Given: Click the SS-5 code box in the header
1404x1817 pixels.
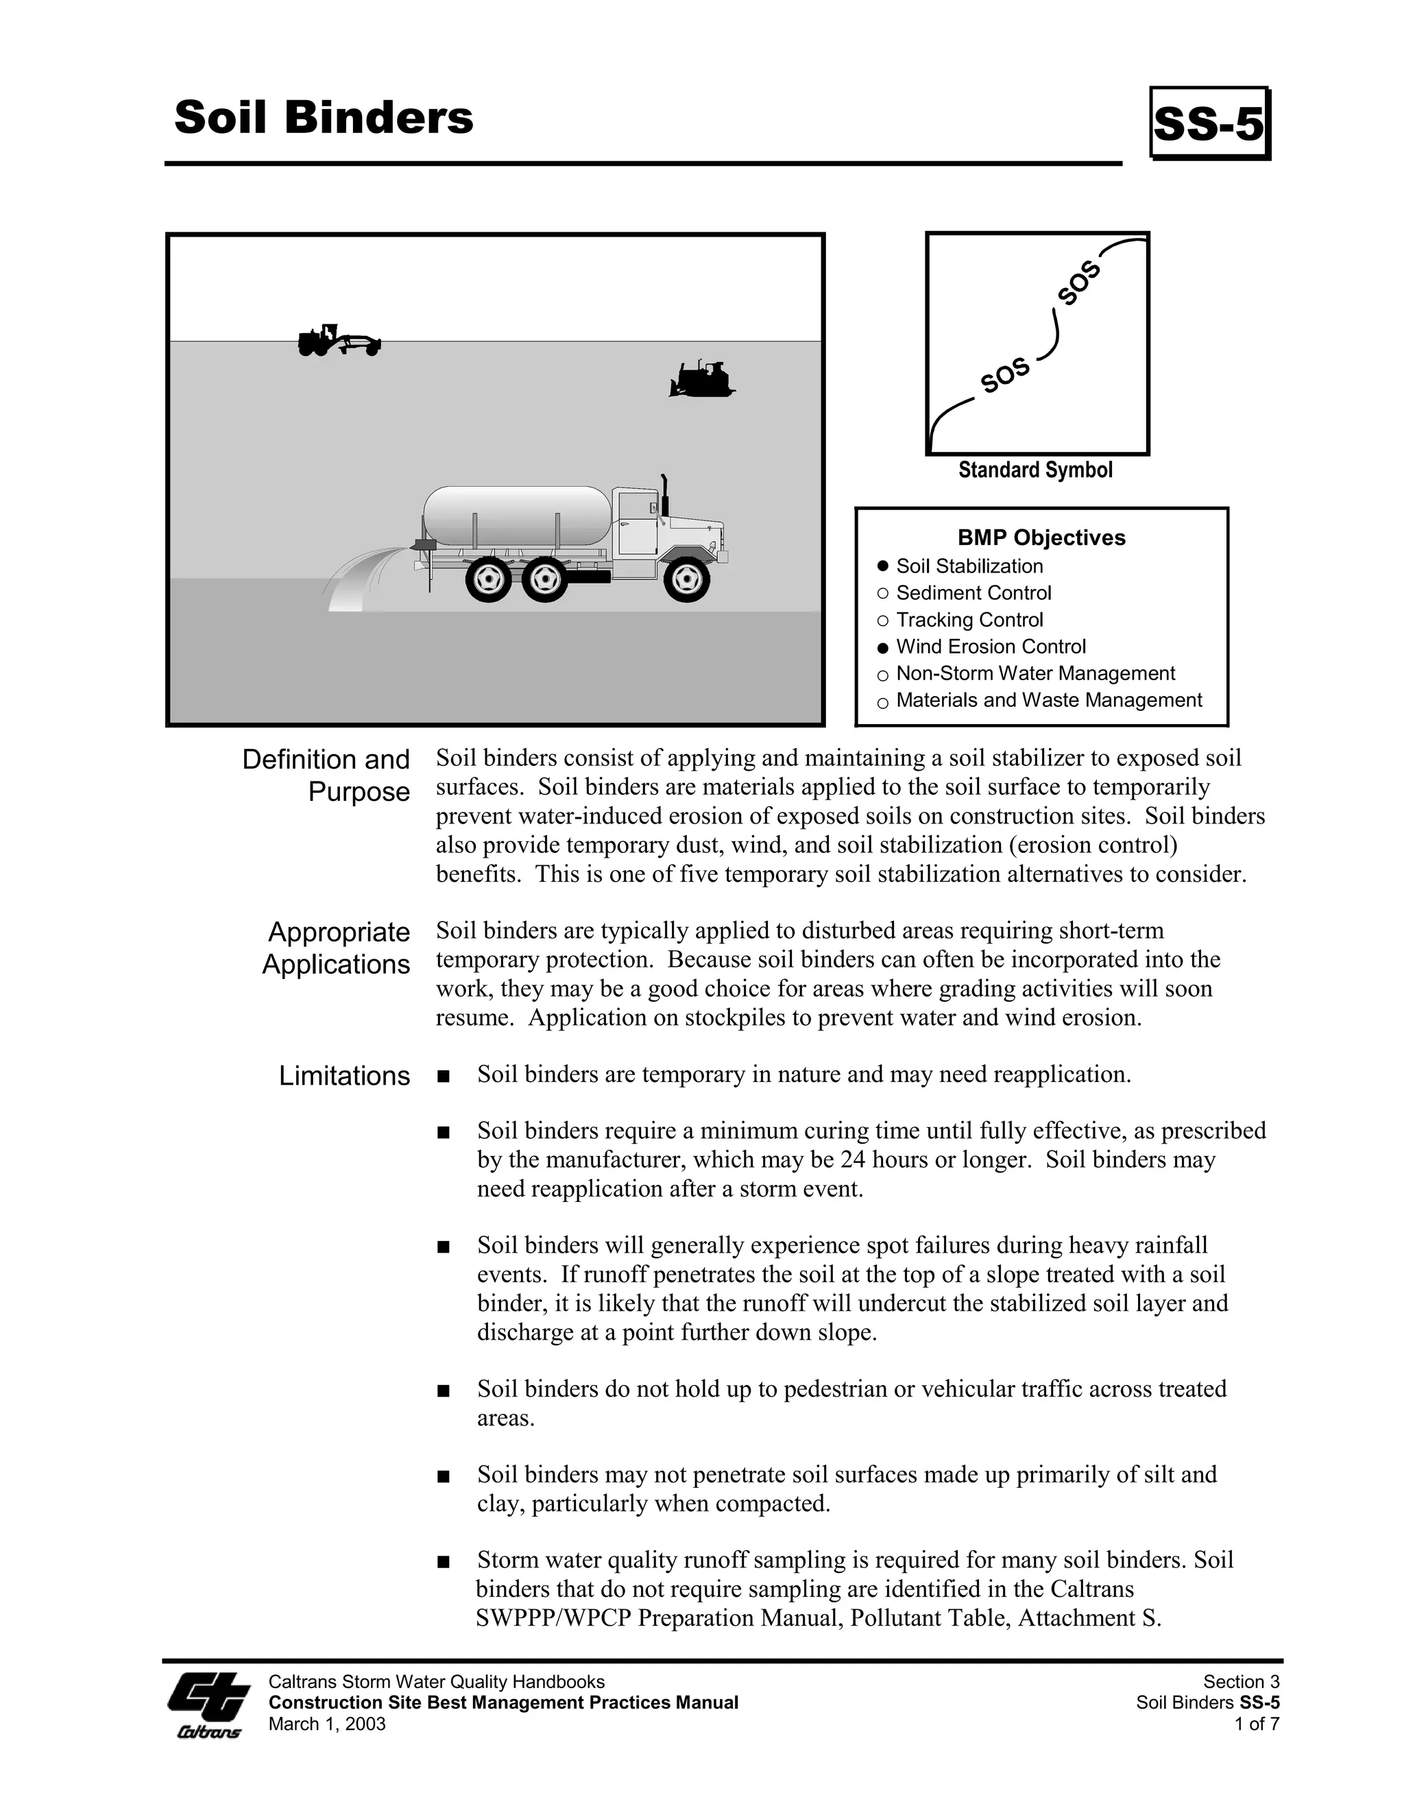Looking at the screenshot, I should (1209, 123).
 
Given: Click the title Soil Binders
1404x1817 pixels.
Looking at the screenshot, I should (324, 117).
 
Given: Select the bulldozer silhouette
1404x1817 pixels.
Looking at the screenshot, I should (701, 381).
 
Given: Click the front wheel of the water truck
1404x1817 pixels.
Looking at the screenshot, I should (686, 578).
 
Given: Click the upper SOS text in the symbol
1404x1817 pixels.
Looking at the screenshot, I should (1080, 283).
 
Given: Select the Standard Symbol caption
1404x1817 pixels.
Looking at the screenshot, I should (1034, 470).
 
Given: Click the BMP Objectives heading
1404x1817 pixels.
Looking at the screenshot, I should (1041, 538).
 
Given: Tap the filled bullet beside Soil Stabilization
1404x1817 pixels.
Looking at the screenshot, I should (883, 566).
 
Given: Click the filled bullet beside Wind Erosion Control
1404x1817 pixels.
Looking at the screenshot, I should (883, 647).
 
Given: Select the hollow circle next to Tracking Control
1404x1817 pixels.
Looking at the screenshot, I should (883, 621).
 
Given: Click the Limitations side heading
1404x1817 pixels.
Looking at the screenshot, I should (344, 1076).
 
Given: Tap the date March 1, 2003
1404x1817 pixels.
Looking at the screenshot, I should (327, 1724).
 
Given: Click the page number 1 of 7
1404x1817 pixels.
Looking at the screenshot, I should (1257, 1724).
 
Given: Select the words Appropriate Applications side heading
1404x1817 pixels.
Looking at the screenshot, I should (337, 948).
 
